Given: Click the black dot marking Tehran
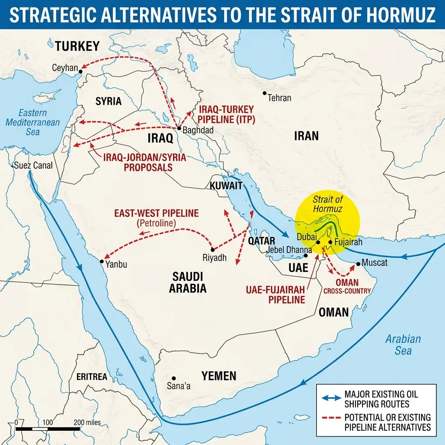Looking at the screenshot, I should pyautogui.click(x=264, y=93).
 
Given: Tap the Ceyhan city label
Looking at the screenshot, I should pyautogui.click(x=65, y=68).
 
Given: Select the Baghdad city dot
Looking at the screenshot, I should pyautogui.click(x=179, y=128).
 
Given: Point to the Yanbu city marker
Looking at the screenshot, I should pyautogui.click(x=102, y=262).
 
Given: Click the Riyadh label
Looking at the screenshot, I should pyautogui.click(x=215, y=258).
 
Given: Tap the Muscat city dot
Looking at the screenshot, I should pyautogui.click(x=358, y=263).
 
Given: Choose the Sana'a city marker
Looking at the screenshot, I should pyautogui.click(x=173, y=378).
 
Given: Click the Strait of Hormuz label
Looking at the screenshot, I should pyautogui.click(x=328, y=204).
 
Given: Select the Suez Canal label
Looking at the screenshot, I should pyautogui.click(x=33, y=165).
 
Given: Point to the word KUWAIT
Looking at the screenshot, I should pyautogui.click(x=226, y=186).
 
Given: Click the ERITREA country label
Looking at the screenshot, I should pyautogui.click(x=91, y=377).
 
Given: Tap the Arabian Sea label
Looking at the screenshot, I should pyautogui.click(x=403, y=345).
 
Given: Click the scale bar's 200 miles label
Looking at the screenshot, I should pyautogui.click(x=87, y=422).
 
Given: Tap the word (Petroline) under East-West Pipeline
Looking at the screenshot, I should pyautogui.click(x=156, y=223).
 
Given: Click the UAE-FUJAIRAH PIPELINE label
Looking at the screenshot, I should pyautogui.click(x=274, y=294).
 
